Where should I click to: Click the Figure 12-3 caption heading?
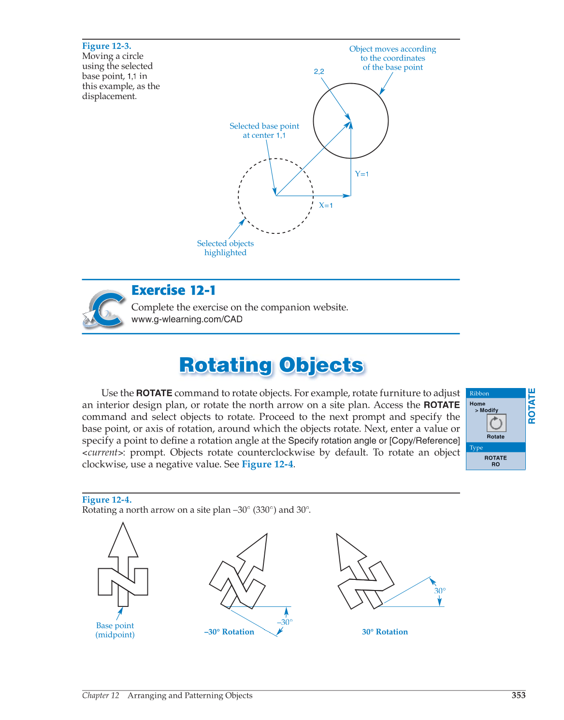point(106,46)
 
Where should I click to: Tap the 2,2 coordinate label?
point(319,72)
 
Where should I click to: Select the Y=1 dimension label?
point(362,174)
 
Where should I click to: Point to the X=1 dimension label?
point(326,205)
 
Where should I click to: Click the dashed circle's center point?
point(276,196)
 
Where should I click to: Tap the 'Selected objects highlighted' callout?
point(225,248)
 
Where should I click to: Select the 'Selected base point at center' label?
point(264,130)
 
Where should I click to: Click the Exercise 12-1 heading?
point(174,290)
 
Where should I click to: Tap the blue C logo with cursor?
point(104,309)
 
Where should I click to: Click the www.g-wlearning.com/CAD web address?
point(187,319)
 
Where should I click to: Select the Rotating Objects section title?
point(271,365)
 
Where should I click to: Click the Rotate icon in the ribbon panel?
point(496,423)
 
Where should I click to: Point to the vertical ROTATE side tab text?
point(532,406)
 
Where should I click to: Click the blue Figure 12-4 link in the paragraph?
point(267,464)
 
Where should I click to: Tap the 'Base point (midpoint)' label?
point(115,630)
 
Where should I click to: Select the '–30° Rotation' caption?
point(229,632)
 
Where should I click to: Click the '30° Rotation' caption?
point(385,632)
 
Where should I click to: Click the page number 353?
point(519,695)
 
